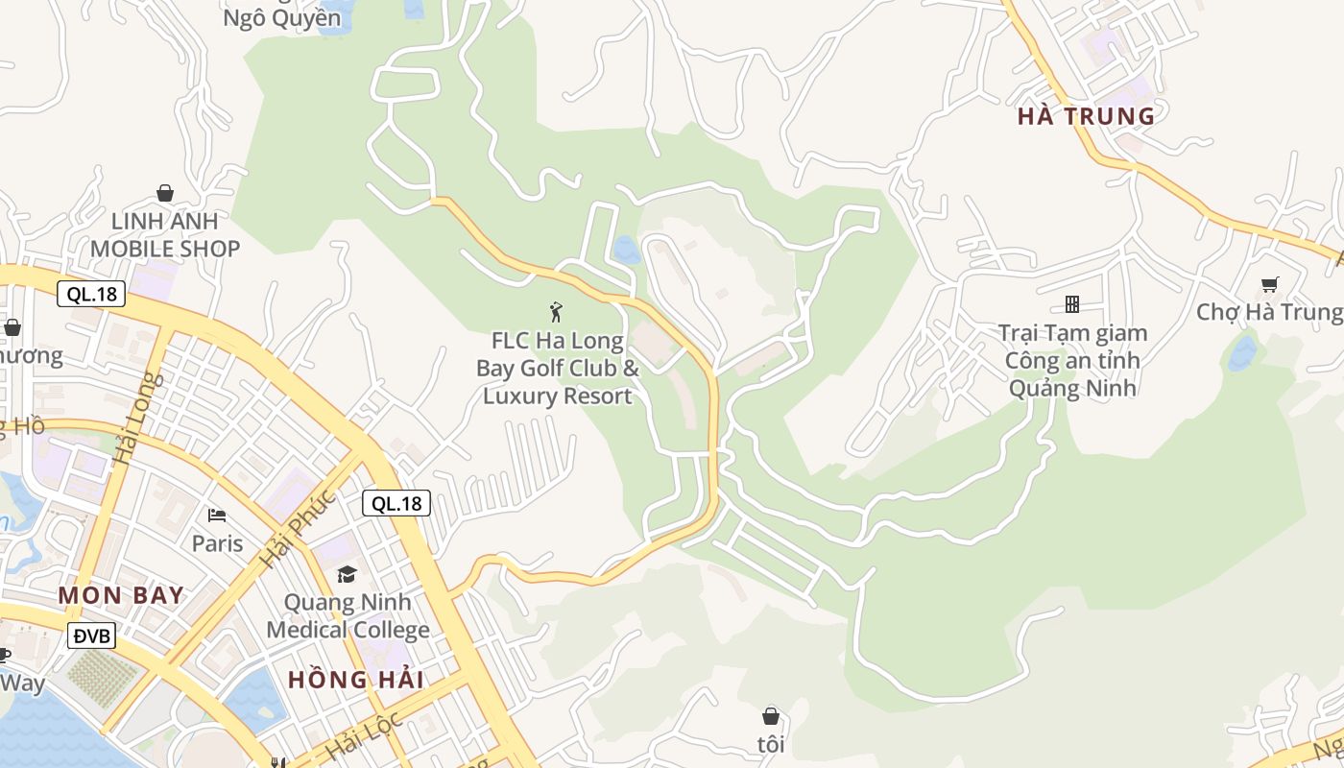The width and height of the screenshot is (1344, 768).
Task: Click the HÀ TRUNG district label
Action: click(x=1086, y=116)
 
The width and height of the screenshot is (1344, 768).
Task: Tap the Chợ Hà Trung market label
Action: click(x=1269, y=312)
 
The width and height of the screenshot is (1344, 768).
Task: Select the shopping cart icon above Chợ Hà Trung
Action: click(x=1270, y=284)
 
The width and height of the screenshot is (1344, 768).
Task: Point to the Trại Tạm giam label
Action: click(x=1072, y=333)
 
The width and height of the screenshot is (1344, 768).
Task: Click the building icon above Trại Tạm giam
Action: click(x=1072, y=304)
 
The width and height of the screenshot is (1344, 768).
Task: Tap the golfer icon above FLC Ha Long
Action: click(x=556, y=312)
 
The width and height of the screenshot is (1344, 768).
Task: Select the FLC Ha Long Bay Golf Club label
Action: click(x=557, y=369)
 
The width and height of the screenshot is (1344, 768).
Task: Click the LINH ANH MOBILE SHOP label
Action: click(x=165, y=235)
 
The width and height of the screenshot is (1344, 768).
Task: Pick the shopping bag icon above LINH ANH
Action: click(x=165, y=193)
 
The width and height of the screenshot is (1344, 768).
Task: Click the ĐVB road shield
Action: click(x=92, y=636)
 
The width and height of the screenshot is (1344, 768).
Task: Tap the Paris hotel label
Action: click(x=217, y=543)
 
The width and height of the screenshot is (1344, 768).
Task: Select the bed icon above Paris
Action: click(x=217, y=516)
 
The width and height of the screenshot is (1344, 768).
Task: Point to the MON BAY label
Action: click(x=121, y=595)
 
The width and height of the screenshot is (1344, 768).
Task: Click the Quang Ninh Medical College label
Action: click(x=348, y=616)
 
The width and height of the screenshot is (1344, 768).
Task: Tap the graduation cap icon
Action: click(x=347, y=574)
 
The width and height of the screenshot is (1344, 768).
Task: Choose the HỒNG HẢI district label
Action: click(x=356, y=680)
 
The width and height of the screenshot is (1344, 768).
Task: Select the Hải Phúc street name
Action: click(x=298, y=529)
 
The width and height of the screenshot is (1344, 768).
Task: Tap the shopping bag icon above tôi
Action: click(x=770, y=716)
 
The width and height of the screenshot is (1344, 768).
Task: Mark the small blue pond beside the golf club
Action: click(x=626, y=250)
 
